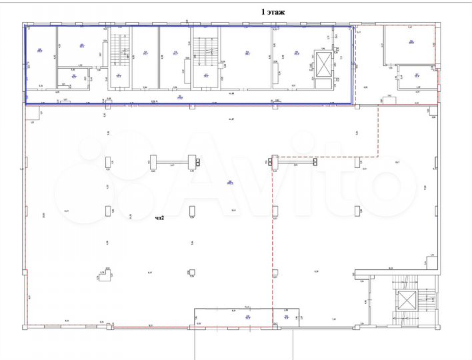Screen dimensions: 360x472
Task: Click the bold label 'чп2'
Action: point(160,217)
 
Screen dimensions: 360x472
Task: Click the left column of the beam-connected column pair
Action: point(153,161)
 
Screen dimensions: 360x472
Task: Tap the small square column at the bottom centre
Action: point(192,271)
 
